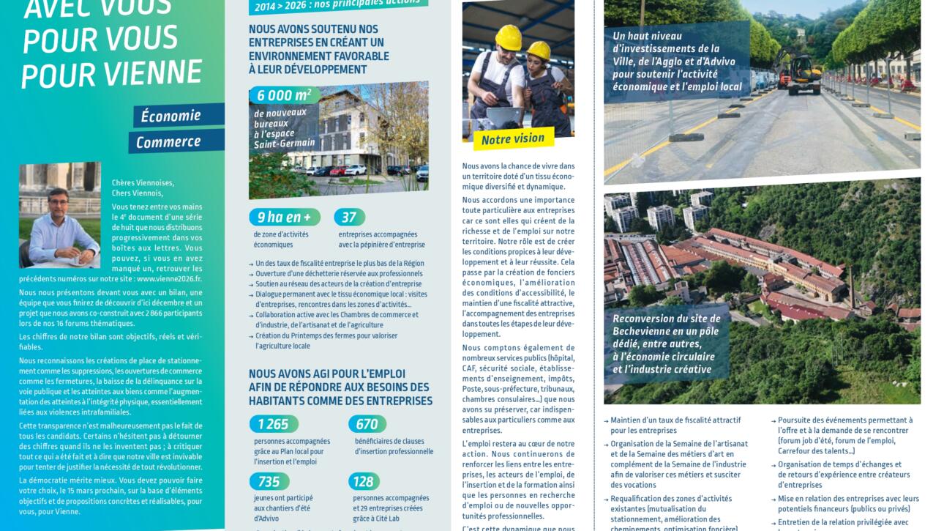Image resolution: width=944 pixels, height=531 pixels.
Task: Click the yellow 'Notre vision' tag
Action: tap(513, 138)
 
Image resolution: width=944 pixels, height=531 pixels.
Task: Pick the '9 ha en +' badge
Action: tap(283, 218)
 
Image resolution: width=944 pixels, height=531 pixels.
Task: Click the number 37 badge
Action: tap(349, 218)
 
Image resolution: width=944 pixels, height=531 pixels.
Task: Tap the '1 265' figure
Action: tap(273, 424)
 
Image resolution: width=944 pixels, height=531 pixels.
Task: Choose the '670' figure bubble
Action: tap(367, 424)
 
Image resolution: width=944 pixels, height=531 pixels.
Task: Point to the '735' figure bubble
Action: tap(269, 481)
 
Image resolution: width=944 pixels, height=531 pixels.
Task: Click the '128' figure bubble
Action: tap(364, 481)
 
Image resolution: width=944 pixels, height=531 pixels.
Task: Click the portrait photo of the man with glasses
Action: tap(59, 215)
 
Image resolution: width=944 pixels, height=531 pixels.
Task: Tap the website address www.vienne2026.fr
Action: tap(169, 279)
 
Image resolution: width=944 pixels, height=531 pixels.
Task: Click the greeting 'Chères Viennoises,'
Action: tap(143, 183)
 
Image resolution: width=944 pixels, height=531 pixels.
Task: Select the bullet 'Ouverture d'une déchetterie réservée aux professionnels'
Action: tap(339, 274)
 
